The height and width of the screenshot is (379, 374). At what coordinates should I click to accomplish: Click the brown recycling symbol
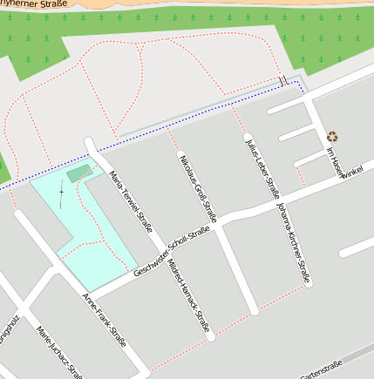coord(332,136)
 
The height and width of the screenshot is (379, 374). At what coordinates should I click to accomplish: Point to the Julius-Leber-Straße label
coord(262,166)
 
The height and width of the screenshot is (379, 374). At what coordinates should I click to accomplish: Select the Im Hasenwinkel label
coord(342,164)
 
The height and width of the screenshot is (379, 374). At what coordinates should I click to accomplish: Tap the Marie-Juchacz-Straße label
coord(59,353)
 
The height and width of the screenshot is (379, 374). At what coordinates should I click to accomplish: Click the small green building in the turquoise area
coord(78,174)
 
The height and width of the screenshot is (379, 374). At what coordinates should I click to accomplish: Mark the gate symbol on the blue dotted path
coord(283,81)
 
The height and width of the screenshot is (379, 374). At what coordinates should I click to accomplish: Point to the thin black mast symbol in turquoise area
coord(61,197)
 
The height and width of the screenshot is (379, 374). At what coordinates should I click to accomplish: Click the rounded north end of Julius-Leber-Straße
coord(248,137)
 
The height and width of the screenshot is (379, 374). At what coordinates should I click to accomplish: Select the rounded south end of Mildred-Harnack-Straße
coord(209,334)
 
